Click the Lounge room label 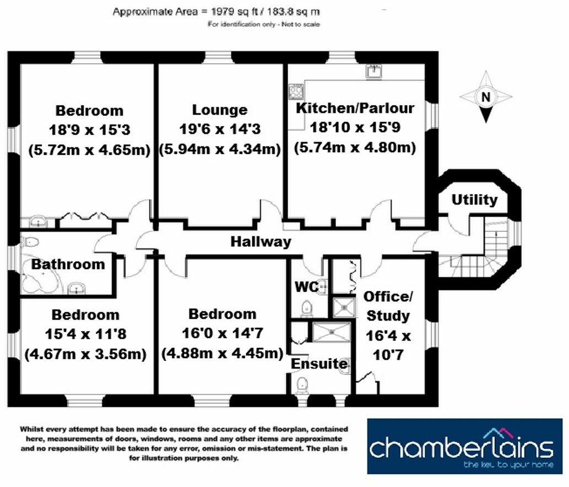[220, 110]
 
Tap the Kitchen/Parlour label [355, 107]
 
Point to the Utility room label [474, 199]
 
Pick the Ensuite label [319, 364]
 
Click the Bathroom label [67, 264]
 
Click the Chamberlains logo [464, 446]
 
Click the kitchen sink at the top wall [375, 71]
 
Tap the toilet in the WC [306, 306]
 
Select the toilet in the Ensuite [302, 383]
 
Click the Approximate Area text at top [216, 11]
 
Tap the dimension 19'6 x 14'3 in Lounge [220, 129]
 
